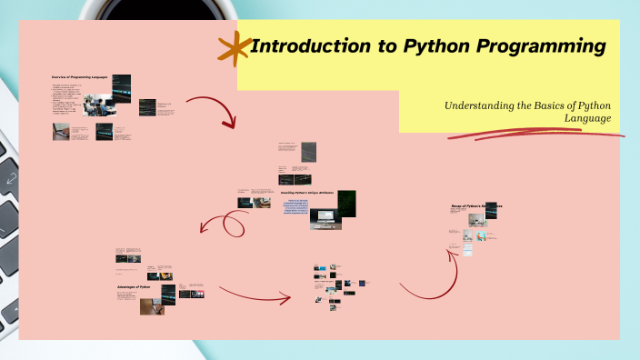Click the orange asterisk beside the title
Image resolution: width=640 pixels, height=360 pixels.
click(x=235, y=48)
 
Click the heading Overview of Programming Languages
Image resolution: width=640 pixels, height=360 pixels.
click(x=79, y=77)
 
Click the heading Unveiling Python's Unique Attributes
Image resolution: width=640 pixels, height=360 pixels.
click(x=307, y=193)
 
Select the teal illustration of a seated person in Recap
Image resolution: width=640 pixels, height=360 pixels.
click(x=467, y=235)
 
